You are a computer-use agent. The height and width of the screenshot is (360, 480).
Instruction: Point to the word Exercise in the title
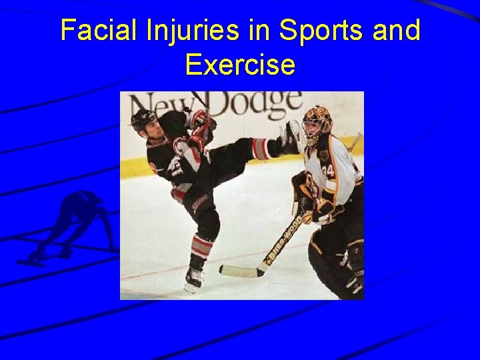240,65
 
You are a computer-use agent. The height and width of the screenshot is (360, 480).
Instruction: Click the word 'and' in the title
396,31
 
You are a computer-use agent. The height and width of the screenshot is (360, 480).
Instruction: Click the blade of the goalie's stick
240,271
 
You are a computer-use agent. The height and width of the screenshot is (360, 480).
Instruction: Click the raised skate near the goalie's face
291,137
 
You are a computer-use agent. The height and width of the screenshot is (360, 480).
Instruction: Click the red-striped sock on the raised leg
261,149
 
